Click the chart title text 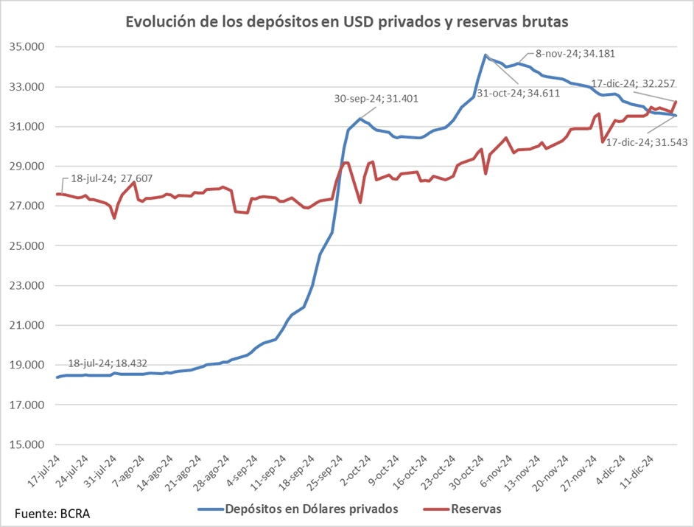[x=347, y=22]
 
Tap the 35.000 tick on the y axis [x=27, y=47]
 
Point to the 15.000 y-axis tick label [x=27, y=444]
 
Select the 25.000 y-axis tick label [x=27, y=245]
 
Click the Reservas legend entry [x=476, y=509]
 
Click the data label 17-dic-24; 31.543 [x=646, y=142]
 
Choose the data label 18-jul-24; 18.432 [x=108, y=363]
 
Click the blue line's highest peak [x=486, y=55]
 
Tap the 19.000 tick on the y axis [x=27, y=365]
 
